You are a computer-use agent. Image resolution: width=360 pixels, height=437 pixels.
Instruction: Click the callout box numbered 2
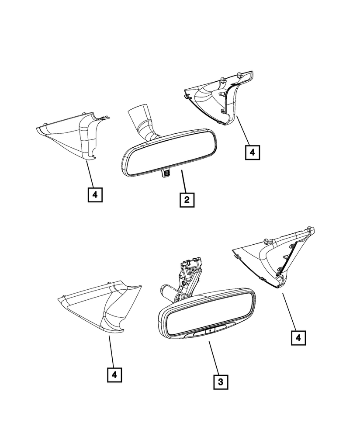pos(187,200)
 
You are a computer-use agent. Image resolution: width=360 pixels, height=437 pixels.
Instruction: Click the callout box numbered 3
pos(220,382)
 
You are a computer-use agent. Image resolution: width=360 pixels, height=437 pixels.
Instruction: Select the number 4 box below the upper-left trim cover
pos(95,194)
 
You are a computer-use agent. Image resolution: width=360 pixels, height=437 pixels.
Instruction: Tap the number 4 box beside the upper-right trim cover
pos(253,152)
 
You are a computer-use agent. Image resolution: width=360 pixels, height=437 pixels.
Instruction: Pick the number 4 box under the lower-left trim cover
pos(114,375)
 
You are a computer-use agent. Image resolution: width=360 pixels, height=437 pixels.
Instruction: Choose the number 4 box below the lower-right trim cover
pos(298,338)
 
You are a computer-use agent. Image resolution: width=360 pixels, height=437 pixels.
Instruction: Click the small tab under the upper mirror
pos(165,173)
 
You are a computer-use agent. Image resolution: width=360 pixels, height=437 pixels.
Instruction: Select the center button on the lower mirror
pos(210,331)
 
